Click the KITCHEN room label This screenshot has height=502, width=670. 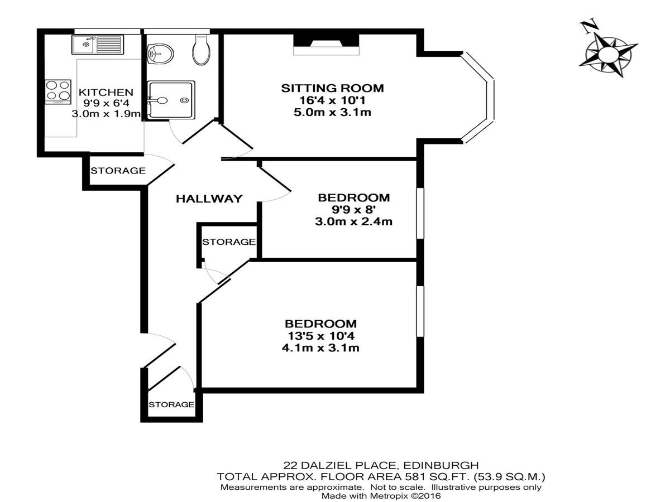point(106,92)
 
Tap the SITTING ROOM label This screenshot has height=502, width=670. point(332,88)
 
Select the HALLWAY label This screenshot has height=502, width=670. point(209,199)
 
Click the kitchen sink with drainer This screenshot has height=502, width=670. point(98,45)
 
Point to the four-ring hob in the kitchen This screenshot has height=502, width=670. point(58,91)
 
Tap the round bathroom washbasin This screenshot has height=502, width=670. point(160,54)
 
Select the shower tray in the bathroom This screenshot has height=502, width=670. point(171,100)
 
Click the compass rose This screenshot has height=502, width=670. point(609,56)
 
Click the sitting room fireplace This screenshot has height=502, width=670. point(326,45)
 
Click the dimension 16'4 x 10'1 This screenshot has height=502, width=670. point(332,100)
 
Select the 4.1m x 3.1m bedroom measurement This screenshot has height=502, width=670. point(320,347)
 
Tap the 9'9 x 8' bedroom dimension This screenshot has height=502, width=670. point(353,210)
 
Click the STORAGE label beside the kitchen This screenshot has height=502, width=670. point(118,170)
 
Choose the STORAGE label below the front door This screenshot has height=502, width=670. point(171,404)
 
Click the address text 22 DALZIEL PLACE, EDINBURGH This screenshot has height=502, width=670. point(381,465)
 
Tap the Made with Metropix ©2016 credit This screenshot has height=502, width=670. point(381,496)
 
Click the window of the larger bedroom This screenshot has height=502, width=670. point(420,311)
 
